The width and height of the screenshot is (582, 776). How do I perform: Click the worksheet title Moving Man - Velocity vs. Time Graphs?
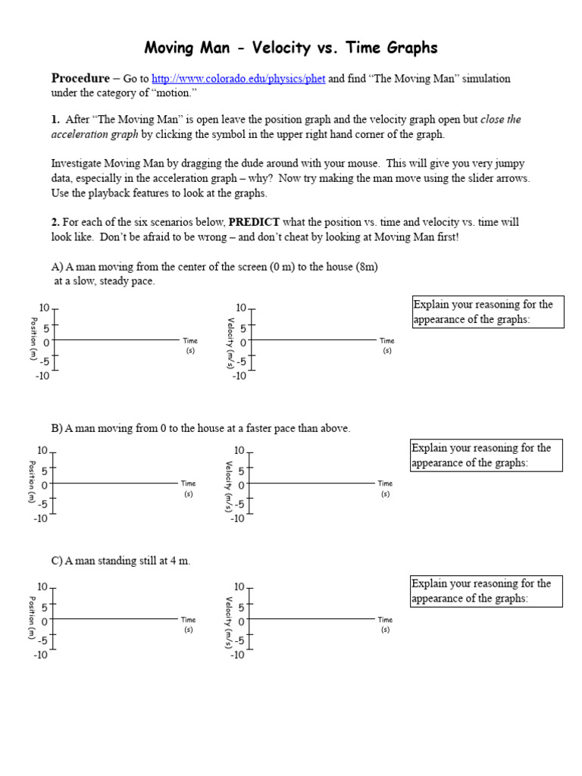(291, 48)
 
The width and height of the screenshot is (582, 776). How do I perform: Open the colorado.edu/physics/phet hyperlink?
(238, 79)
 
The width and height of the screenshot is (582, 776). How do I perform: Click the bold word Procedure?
(80, 78)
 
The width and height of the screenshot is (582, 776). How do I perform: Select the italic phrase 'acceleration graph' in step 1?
(95, 134)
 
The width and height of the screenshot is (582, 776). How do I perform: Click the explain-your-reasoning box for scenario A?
(488, 311)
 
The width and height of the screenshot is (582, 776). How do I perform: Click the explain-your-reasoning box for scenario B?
(487, 455)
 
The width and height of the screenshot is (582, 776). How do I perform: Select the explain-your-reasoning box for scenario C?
(487, 590)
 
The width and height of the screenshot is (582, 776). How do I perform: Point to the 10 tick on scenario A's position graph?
(44, 308)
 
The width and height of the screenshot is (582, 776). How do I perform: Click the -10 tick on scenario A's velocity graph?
(239, 376)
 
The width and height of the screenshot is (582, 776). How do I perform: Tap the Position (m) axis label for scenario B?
(32, 481)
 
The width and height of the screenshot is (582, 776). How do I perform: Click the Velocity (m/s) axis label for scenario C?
(228, 622)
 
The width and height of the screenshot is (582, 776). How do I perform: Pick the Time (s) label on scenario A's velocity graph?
(386, 346)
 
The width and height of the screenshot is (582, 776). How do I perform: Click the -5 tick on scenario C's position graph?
(44, 640)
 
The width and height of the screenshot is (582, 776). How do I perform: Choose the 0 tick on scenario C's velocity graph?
(242, 621)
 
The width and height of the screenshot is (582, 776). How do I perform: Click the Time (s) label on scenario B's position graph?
(188, 488)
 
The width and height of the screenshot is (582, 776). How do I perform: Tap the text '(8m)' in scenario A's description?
(366, 267)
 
